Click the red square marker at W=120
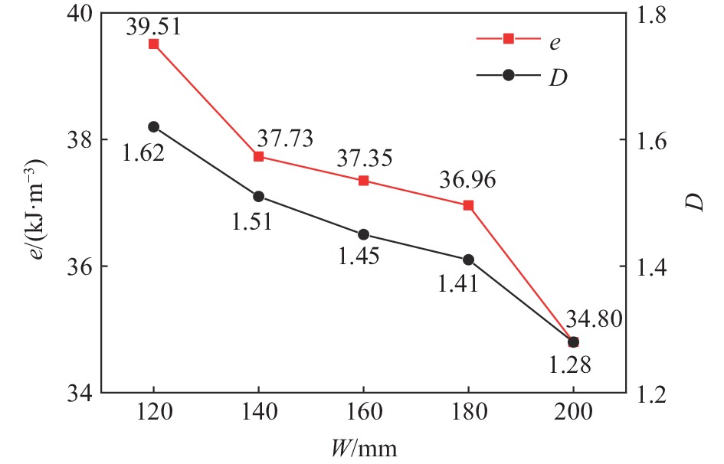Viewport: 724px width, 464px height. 153,44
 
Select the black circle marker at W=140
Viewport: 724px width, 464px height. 258,197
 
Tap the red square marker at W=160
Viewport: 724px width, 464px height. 363,181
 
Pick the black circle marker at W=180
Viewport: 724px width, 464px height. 468,260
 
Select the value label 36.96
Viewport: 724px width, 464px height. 467,181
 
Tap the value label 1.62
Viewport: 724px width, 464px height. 143,153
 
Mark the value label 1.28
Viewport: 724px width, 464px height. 569,365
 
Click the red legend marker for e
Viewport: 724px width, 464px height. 508,38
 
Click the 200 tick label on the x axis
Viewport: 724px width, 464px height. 573,414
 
